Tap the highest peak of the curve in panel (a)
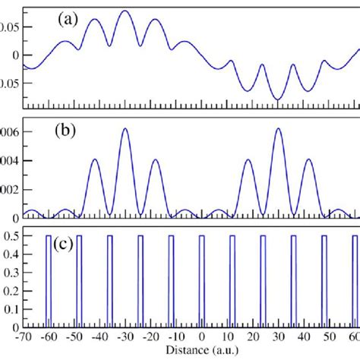coord(125,11)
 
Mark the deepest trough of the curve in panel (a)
coord(278,99)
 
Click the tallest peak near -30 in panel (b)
coord(125,128)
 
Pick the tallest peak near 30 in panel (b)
coord(278,128)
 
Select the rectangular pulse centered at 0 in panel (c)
coord(201,281)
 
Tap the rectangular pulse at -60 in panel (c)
coord(49,281)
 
